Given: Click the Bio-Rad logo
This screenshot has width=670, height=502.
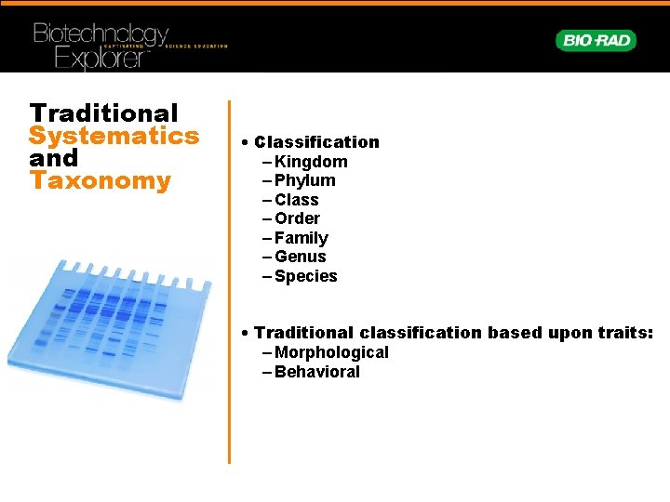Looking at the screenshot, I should [x=596, y=40].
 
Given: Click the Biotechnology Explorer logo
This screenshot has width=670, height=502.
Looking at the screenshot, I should [x=102, y=45].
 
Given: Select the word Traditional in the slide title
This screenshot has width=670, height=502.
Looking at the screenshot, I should [x=103, y=113].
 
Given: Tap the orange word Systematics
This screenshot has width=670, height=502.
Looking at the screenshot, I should [x=114, y=136].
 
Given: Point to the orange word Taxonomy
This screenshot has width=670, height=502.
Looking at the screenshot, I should [x=100, y=180].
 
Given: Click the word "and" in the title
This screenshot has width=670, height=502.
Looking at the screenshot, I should [x=54, y=158].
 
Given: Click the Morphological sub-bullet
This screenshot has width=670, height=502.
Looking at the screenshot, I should [x=331, y=352].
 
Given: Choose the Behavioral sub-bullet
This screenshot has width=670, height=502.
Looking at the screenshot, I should [x=317, y=372].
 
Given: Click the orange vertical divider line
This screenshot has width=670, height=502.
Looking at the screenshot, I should [x=229, y=279].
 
